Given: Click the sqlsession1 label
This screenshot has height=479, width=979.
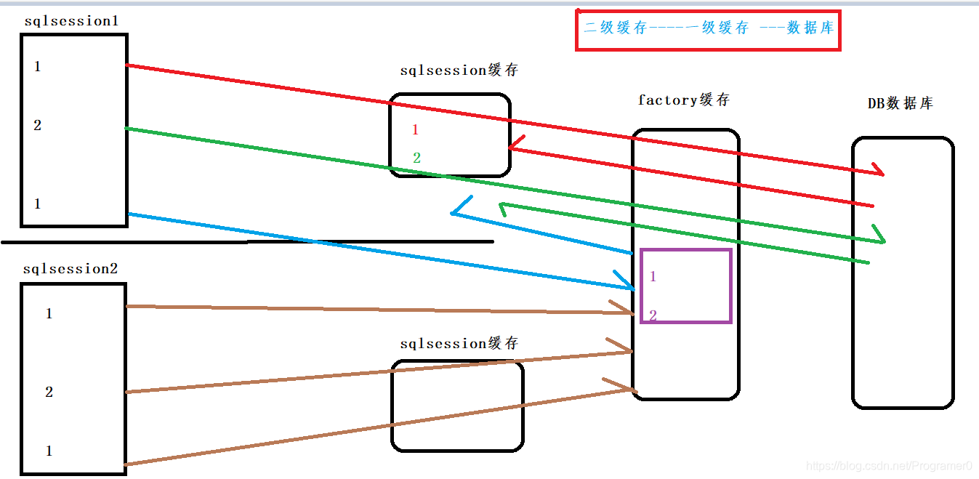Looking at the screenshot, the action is (70, 21).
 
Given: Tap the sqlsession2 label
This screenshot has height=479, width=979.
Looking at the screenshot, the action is (70, 269).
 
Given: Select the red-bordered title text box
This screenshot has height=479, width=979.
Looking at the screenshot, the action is (708, 30).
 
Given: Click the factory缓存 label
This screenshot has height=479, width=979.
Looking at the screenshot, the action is (682, 100).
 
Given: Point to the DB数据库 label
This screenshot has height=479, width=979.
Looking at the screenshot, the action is (900, 103).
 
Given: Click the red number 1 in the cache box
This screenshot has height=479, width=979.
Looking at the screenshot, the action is (415, 130).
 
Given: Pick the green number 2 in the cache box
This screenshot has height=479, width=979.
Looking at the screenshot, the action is (416, 158).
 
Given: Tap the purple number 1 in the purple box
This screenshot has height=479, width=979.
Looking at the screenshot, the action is (653, 276).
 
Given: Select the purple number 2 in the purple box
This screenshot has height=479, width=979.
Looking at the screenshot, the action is (653, 315).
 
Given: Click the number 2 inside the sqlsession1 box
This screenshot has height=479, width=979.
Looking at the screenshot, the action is (38, 126).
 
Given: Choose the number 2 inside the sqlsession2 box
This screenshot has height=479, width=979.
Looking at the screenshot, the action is (49, 393).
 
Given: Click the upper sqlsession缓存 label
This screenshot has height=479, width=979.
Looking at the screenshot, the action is (459, 71).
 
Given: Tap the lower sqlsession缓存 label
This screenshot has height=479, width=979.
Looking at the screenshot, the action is (459, 343).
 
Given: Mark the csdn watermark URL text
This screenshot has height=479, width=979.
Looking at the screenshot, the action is (890, 466).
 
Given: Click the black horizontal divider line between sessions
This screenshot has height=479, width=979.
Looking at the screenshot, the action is (247, 241).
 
